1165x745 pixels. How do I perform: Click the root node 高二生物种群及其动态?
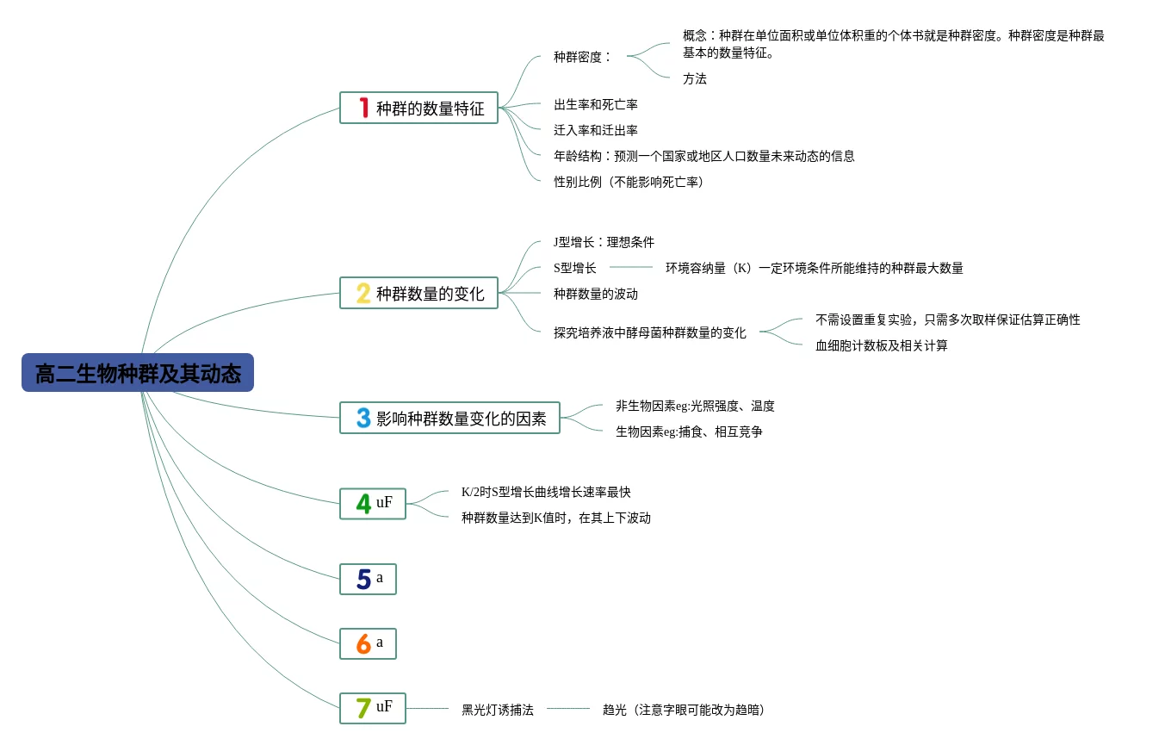coord(138,373)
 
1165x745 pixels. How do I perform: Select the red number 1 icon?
coord(364,108)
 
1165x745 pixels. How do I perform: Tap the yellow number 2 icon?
coord(363,294)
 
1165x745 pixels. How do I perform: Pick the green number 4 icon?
coord(363,504)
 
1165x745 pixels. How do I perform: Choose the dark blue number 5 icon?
coord(363,579)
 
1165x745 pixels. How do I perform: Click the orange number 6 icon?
coord(363,644)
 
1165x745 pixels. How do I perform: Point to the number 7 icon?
coord(363,708)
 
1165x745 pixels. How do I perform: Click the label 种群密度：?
coord(583,57)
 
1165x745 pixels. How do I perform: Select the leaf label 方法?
coord(695,78)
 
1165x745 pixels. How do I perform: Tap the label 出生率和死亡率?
coord(596,104)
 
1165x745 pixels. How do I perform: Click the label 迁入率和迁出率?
coord(596,130)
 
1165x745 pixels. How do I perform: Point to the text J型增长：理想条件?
coord(604,242)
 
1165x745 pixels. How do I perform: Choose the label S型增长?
coord(574,268)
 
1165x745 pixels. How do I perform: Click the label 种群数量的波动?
coord(596,294)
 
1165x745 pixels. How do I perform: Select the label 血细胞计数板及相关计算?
coord(882,345)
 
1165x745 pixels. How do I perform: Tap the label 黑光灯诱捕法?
coord(498,710)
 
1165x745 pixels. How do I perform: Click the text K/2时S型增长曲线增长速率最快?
coord(546,492)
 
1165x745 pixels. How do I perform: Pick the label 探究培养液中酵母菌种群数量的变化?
coord(649,332)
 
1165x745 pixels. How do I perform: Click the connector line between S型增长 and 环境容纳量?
coord(631,267)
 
